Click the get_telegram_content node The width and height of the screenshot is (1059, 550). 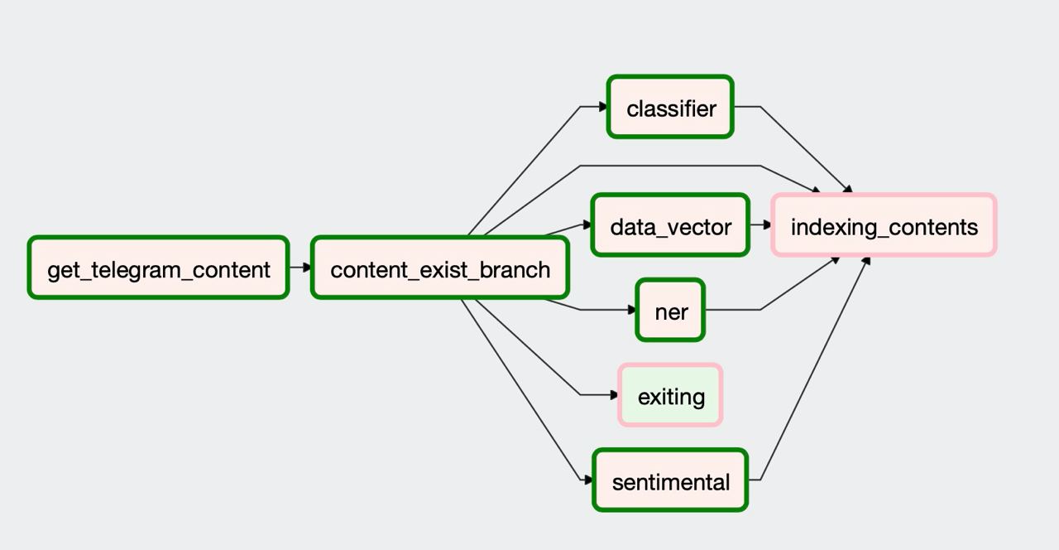pos(158,268)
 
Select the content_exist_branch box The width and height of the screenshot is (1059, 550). pos(439,268)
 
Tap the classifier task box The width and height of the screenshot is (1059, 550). pos(670,107)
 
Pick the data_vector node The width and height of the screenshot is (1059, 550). pos(670,224)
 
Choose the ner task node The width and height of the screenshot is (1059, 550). pos(670,310)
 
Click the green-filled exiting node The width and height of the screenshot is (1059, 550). pos(670,395)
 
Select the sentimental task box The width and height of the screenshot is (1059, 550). pos(670,480)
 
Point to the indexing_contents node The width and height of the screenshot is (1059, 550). pos(884,224)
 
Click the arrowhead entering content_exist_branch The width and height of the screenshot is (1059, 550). pos(307,268)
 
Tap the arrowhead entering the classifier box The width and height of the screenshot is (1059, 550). pos(603,107)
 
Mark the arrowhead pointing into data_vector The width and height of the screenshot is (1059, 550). pos(587,224)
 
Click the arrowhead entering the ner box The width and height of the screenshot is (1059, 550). pos(631,310)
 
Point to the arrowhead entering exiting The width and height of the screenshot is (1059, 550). pos(614,395)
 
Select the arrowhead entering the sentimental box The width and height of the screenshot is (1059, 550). pos(588,480)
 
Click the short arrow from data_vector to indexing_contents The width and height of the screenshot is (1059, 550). pos(760,224)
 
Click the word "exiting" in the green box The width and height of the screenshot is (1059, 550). pos(671,397)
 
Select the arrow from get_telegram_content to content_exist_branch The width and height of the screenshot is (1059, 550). pos(300,268)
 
